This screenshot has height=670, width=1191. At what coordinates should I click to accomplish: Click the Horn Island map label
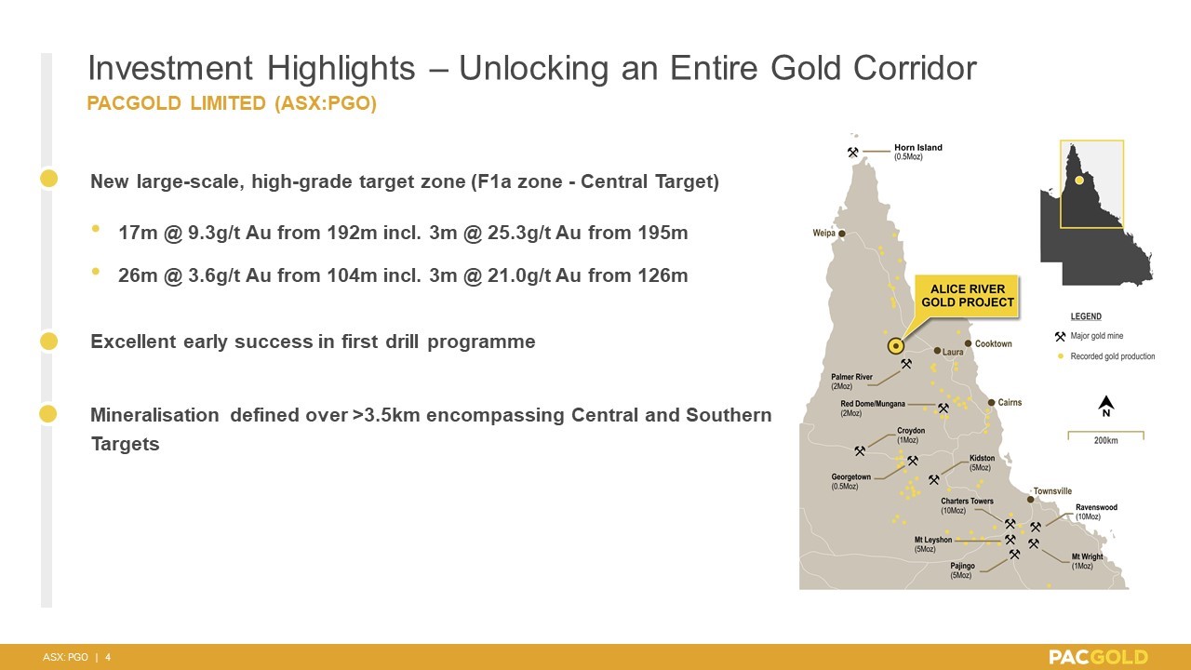tap(917, 152)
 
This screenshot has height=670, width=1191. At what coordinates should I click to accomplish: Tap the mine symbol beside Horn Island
tap(853, 153)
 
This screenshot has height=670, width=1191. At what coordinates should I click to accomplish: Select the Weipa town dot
tap(842, 234)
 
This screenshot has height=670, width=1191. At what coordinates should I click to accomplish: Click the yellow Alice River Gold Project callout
tap(967, 296)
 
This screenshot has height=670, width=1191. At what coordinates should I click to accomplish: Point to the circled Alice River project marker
tap(896, 346)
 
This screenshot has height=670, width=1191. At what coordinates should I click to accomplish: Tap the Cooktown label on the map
tap(993, 343)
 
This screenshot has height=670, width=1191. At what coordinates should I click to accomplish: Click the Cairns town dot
tap(991, 403)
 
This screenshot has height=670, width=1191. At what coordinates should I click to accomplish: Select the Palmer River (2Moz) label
tap(851, 382)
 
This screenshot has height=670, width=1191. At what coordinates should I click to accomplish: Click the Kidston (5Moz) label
tap(982, 462)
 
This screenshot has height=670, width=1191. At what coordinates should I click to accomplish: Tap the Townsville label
tap(1052, 490)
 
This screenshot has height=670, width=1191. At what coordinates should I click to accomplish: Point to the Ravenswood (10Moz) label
tap(1096, 512)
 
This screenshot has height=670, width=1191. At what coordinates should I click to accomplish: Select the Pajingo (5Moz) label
tap(962, 570)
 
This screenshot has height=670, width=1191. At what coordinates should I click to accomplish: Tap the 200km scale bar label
tap(1106, 440)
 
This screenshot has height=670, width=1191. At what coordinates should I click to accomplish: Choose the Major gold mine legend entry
tap(1089, 336)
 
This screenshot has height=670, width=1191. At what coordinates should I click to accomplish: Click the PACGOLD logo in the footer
tap(1099, 657)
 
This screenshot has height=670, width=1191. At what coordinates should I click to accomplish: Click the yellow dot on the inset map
tap(1078, 181)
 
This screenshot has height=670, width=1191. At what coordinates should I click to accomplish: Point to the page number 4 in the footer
tap(108, 657)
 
